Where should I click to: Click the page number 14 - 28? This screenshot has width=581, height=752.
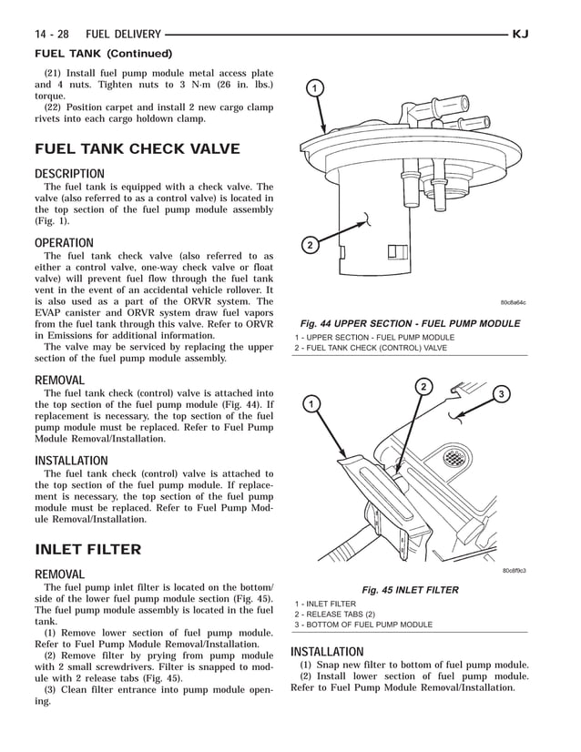coord(54,35)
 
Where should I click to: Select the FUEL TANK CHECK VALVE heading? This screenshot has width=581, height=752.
coord(137,149)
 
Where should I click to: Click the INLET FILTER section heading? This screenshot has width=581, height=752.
coord(87,549)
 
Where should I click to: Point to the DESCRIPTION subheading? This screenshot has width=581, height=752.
coord(69,174)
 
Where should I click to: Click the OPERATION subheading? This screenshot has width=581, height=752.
coord(64,243)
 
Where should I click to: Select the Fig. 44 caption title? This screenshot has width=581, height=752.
coord(410,323)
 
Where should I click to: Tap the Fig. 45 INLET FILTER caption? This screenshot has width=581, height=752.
coord(410,590)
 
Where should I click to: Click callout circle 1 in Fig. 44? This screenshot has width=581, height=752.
coord(313,88)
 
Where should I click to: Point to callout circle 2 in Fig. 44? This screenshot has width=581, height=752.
coord(310,246)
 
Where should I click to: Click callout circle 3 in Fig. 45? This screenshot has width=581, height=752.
coord(501,393)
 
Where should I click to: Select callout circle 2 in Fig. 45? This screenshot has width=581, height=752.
coord(423,386)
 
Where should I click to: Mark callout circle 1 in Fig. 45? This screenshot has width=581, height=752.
coord(311,403)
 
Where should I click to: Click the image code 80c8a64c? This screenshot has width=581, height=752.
coord(513,303)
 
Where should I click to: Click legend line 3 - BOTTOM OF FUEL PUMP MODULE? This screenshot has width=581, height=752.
coord(362,625)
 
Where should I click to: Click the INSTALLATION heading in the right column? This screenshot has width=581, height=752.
coord(327,652)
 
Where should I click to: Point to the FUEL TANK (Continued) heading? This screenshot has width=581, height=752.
coord(102,53)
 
